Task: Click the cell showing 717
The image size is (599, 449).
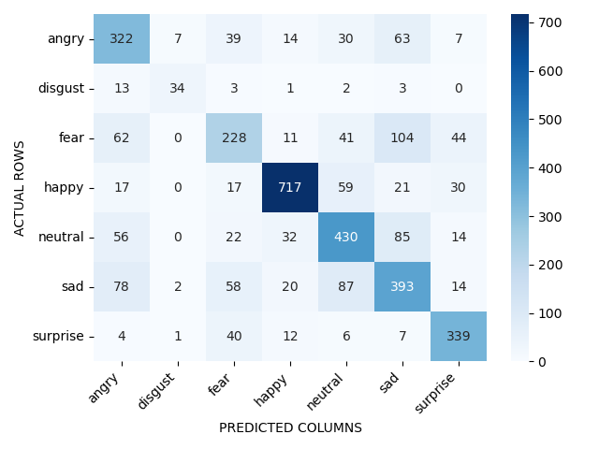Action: tap(289, 187)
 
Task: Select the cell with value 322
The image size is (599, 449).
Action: tap(122, 39)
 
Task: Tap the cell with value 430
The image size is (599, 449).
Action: tap(345, 237)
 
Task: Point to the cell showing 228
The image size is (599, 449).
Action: tap(234, 138)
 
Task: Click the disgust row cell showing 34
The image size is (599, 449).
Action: tap(178, 89)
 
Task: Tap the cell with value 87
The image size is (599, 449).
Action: tap(345, 286)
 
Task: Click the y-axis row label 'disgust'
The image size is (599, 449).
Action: tap(61, 89)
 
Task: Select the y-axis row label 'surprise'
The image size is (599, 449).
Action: tap(60, 336)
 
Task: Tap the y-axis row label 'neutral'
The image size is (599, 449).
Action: tap(62, 237)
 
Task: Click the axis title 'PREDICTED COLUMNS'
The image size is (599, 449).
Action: tap(290, 427)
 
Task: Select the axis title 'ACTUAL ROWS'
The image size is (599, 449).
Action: tap(20, 188)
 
